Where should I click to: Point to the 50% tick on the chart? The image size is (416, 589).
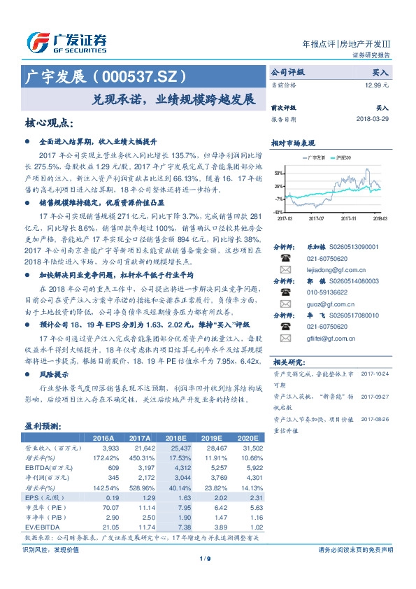278,172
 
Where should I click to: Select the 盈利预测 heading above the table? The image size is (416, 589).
43,425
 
